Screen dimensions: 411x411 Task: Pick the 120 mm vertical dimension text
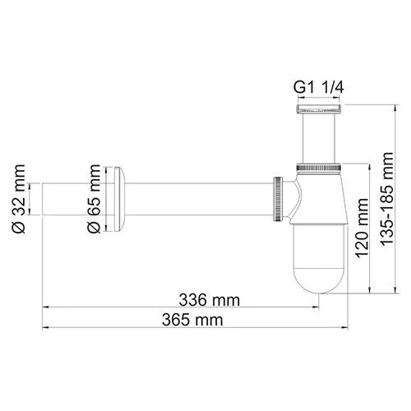pyautogui.click(x=362, y=234)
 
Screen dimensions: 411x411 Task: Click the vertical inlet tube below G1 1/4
pyautogui.click(x=318, y=136)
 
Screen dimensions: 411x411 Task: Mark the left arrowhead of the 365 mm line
pyautogui.click(x=46, y=326)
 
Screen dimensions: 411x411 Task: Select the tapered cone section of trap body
pyautogui.click(x=319, y=193)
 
